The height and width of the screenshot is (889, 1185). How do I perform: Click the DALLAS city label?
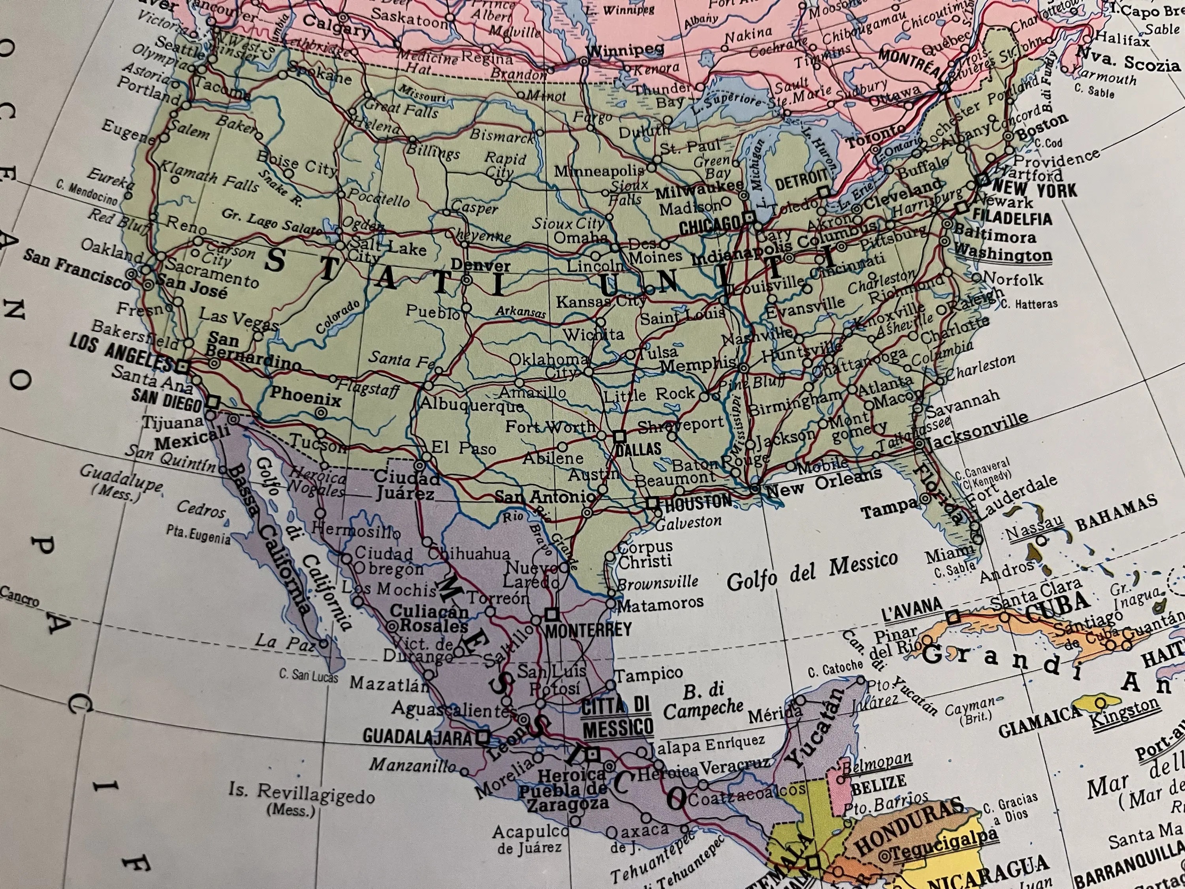coord(638,448)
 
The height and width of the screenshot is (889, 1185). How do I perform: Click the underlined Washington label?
coord(1003,253)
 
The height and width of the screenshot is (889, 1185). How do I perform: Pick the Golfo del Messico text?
coord(812,570)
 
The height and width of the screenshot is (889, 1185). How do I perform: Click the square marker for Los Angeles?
coord(182,367)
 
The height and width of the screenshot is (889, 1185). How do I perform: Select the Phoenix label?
coord(305,397)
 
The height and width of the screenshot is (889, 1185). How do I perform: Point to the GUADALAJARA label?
coord(418,736)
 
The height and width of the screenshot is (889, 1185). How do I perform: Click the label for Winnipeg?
coord(625,51)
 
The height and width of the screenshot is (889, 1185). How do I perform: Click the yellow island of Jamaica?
coord(1098,702)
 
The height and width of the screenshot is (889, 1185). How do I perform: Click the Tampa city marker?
coord(925,499)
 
